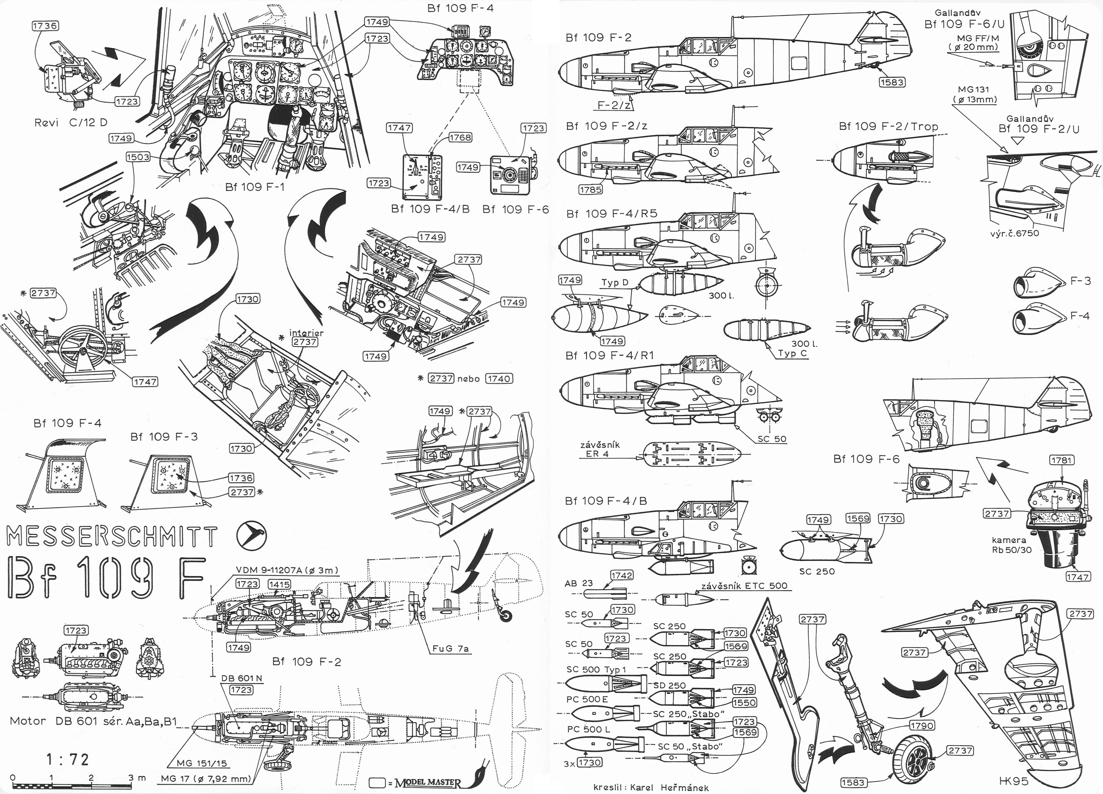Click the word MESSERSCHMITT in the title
point(112,537)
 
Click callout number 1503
point(138,157)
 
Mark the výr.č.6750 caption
point(1014,233)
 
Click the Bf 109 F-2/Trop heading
point(888,126)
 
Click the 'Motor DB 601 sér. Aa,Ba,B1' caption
point(93,721)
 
